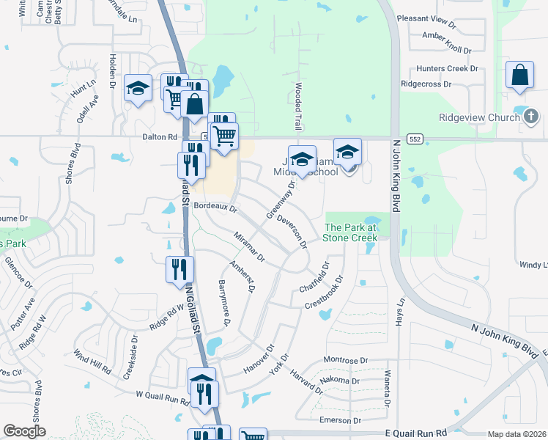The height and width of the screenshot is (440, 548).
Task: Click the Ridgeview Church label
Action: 479,117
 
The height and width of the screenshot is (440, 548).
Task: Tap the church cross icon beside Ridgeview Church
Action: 531,116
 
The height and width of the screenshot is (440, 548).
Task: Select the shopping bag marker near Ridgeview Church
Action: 519,76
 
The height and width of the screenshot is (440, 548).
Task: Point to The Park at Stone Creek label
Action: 351,232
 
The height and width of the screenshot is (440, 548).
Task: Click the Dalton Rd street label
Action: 160,136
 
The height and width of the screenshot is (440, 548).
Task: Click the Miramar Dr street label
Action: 248,246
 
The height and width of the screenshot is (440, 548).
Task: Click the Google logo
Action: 24,431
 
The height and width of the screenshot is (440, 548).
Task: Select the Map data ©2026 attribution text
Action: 516,434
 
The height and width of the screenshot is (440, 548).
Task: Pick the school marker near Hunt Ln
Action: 137,89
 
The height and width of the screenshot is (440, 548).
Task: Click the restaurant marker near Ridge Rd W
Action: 177,270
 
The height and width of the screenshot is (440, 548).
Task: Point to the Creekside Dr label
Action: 133,351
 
